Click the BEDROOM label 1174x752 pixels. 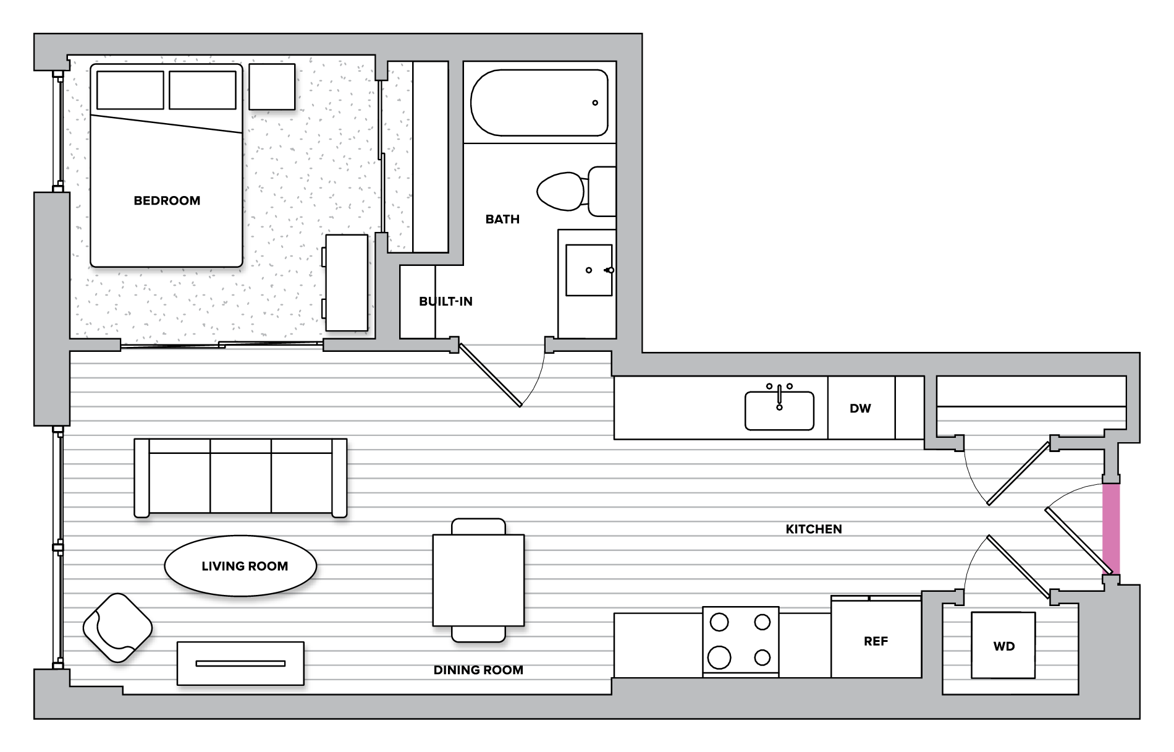(x=167, y=200)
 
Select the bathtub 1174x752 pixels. (x=539, y=103)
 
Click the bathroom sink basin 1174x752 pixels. (x=588, y=270)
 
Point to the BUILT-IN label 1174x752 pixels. (x=446, y=301)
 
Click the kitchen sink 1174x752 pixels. (x=779, y=411)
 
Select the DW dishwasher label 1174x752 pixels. (x=860, y=408)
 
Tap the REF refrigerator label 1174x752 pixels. (x=876, y=641)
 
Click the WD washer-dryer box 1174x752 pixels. (x=1003, y=646)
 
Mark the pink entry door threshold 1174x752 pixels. (x=1111, y=529)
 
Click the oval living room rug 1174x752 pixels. (x=240, y=566)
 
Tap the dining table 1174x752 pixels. (x=478, y=580)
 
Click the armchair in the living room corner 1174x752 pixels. (x=117, y=628)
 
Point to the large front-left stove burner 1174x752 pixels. (x=719, y=657)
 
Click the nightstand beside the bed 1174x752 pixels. (x=272, y=87)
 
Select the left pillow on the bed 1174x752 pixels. (x=130, y=90)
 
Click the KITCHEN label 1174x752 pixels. (x=813, y=529)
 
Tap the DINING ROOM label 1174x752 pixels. (x=478, y=670)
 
